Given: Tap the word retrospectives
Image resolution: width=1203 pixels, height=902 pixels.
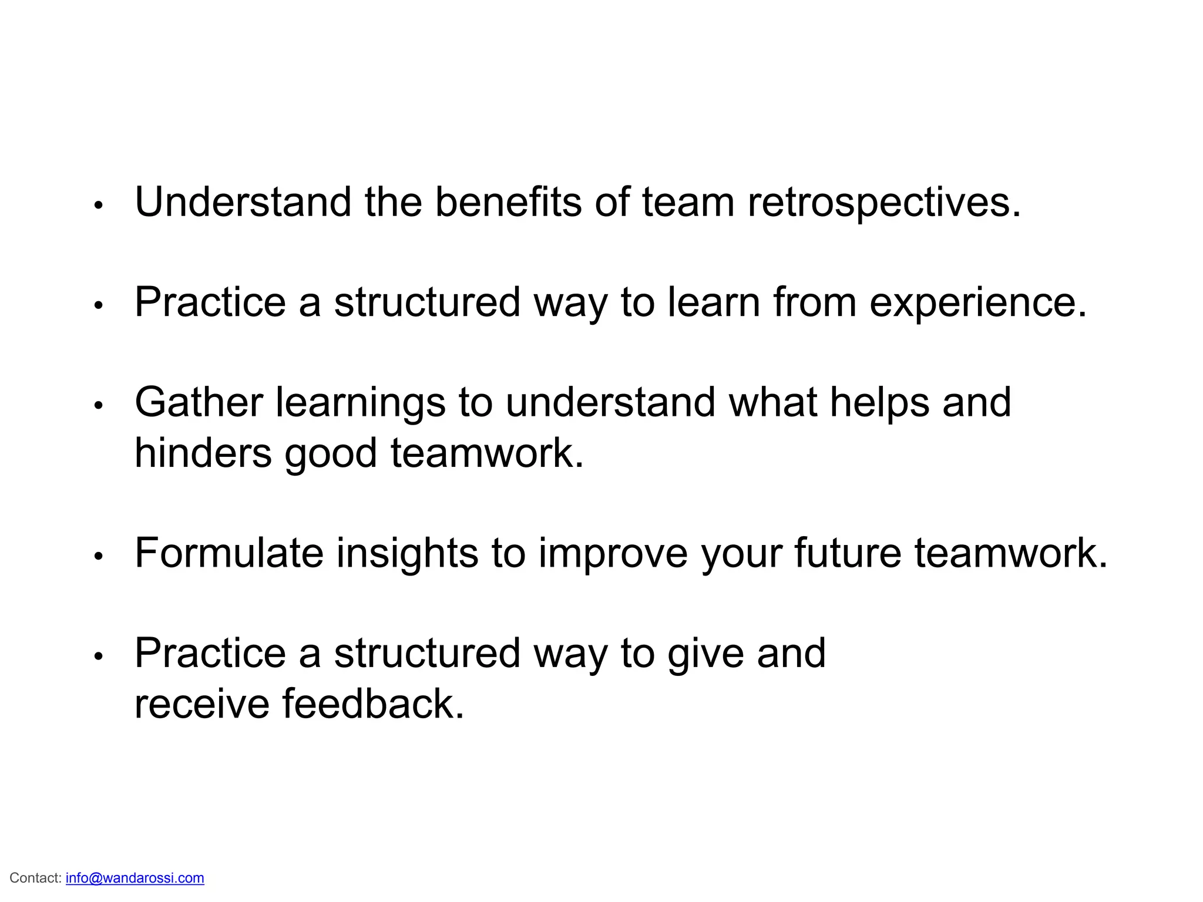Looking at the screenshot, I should [884, 203].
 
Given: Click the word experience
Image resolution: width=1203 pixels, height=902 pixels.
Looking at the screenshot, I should [978, 302].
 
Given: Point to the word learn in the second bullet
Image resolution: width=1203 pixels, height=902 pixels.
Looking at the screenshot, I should [714, 302].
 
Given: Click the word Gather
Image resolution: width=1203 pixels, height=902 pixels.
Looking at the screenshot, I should [199, 403].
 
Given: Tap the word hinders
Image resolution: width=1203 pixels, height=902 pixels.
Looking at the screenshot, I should [203, 453].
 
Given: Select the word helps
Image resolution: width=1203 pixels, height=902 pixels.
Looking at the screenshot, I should [879, 403].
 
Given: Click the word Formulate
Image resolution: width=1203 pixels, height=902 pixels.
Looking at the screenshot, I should [229, 553].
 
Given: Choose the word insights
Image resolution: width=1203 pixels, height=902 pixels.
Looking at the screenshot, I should [407, 553].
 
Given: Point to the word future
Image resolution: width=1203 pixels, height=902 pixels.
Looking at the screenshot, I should [848, 553].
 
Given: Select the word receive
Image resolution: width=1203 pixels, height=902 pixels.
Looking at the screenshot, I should [202, 704].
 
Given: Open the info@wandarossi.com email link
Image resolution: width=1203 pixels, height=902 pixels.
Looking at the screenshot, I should [135, 878].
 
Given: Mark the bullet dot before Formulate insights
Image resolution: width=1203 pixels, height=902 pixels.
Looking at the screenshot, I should [99, 556].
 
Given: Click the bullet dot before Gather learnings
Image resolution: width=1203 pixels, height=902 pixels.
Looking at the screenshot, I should [99, 405].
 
